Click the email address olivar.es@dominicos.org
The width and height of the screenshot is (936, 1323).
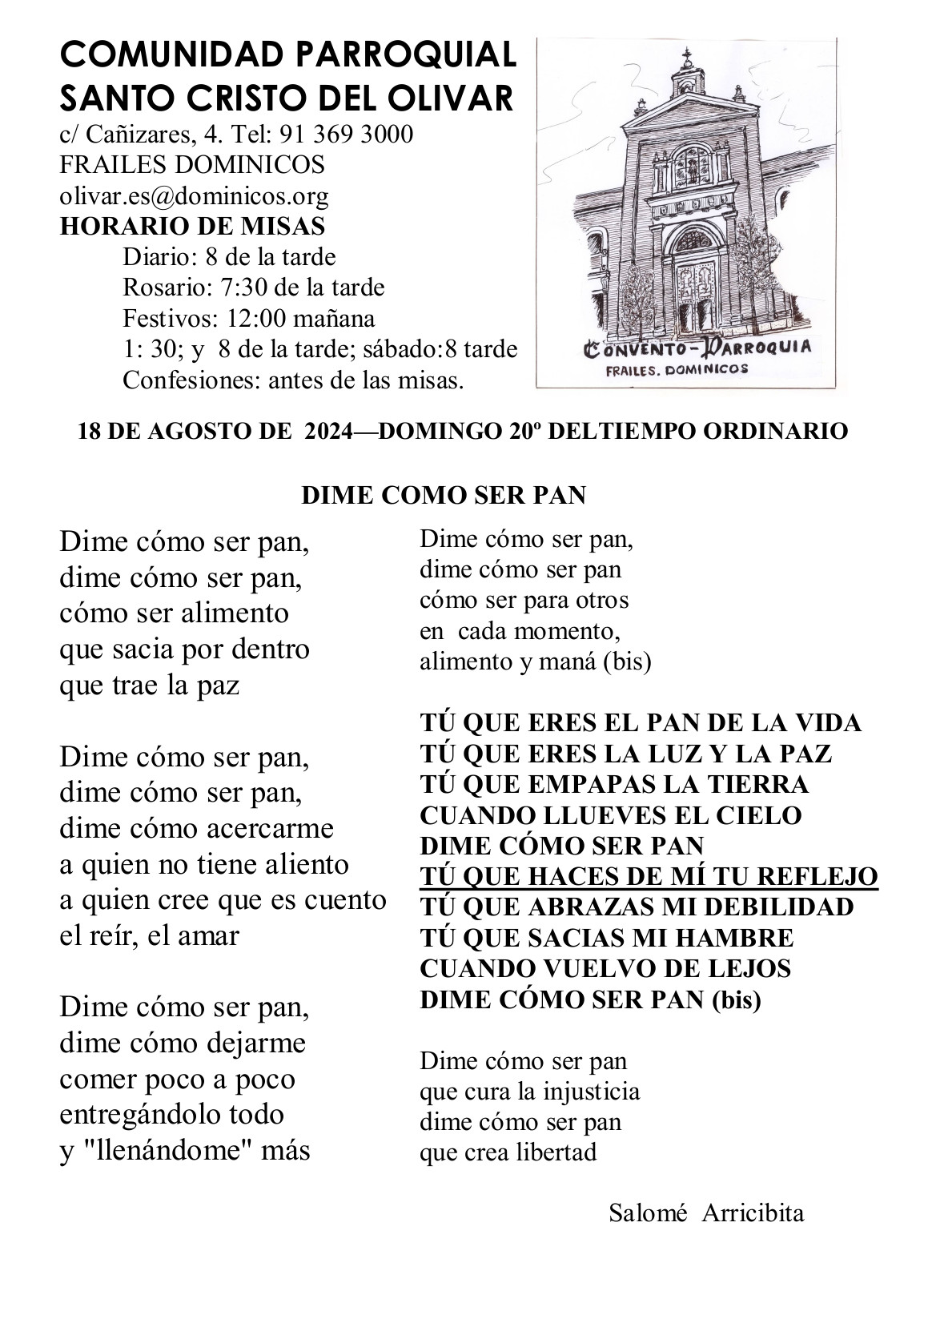(194, 195)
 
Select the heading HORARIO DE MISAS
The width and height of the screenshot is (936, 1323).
(192, 226)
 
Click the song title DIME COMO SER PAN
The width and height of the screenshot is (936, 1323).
(444, 496)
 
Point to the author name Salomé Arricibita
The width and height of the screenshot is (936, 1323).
(706, 1212)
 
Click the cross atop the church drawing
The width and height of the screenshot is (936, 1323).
(685, 56)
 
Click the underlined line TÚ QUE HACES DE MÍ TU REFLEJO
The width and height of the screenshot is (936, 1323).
(649, 877)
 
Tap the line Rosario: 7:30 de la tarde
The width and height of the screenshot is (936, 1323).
(254, 287)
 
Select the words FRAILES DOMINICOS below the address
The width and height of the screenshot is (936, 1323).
(192, 165)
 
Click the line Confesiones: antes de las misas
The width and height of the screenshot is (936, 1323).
(294, 380)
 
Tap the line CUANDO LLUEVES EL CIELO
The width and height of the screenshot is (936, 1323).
(611, 815)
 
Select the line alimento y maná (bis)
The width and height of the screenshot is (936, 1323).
(535, 662)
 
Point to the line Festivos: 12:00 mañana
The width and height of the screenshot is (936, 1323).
(249, 318)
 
